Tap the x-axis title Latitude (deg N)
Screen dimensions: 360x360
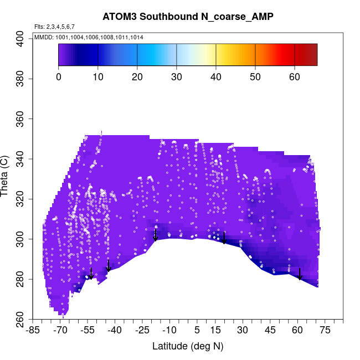tap(187, 346)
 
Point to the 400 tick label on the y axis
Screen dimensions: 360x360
tap(20, 38)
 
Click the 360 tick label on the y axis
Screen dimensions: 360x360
tap(20, 119)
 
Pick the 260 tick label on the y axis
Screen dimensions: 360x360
tap(20, 320)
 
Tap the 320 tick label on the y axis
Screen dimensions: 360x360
tap(20, 199)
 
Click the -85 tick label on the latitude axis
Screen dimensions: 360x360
tap(33, 331)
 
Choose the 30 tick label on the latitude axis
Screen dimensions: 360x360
tap(242, 331)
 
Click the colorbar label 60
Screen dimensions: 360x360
tap(295, 76)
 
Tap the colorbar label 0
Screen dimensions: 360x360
tap(59, 76)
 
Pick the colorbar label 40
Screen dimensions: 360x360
tap(216, 76)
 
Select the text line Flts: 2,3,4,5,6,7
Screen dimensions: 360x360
tap(54, 27)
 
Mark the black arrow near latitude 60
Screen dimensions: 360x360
tap(300, 274)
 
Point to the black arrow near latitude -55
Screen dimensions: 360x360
tap(91, 274)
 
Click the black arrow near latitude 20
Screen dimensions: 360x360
tap(224, 238)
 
